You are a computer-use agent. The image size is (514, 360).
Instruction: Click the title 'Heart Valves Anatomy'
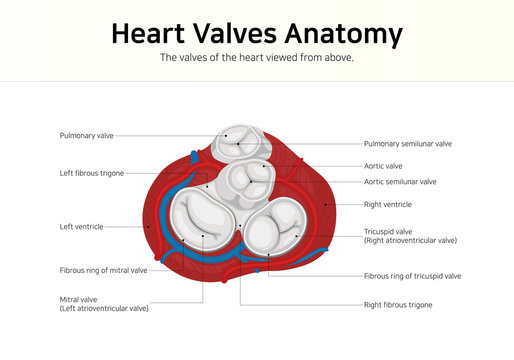point(256,33)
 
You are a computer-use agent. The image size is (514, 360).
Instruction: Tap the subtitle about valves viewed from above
point(257,58)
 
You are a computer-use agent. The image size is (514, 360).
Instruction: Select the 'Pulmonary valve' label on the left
point(87,134)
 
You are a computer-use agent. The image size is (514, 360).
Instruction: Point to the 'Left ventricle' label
point(81,227)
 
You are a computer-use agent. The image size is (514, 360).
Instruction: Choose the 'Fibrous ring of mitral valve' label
point(103,270)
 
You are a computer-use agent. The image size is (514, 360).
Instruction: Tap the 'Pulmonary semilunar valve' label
point(407,143)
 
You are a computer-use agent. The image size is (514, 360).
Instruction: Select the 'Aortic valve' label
point(383,165)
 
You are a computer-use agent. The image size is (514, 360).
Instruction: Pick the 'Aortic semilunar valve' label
point(400,182)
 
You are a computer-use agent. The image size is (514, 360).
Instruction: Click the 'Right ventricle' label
point(387,204)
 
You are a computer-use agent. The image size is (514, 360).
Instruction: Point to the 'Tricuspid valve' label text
point(388,231)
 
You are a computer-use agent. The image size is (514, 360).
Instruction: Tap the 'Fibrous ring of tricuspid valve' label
point(412,275)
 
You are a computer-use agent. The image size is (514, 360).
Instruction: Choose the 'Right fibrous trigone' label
point(398,304)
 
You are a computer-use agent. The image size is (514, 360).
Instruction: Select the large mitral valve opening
point(201,218)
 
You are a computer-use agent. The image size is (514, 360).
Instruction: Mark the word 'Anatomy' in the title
point(342,33)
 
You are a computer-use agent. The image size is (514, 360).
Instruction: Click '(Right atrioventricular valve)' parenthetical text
point(410,241)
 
